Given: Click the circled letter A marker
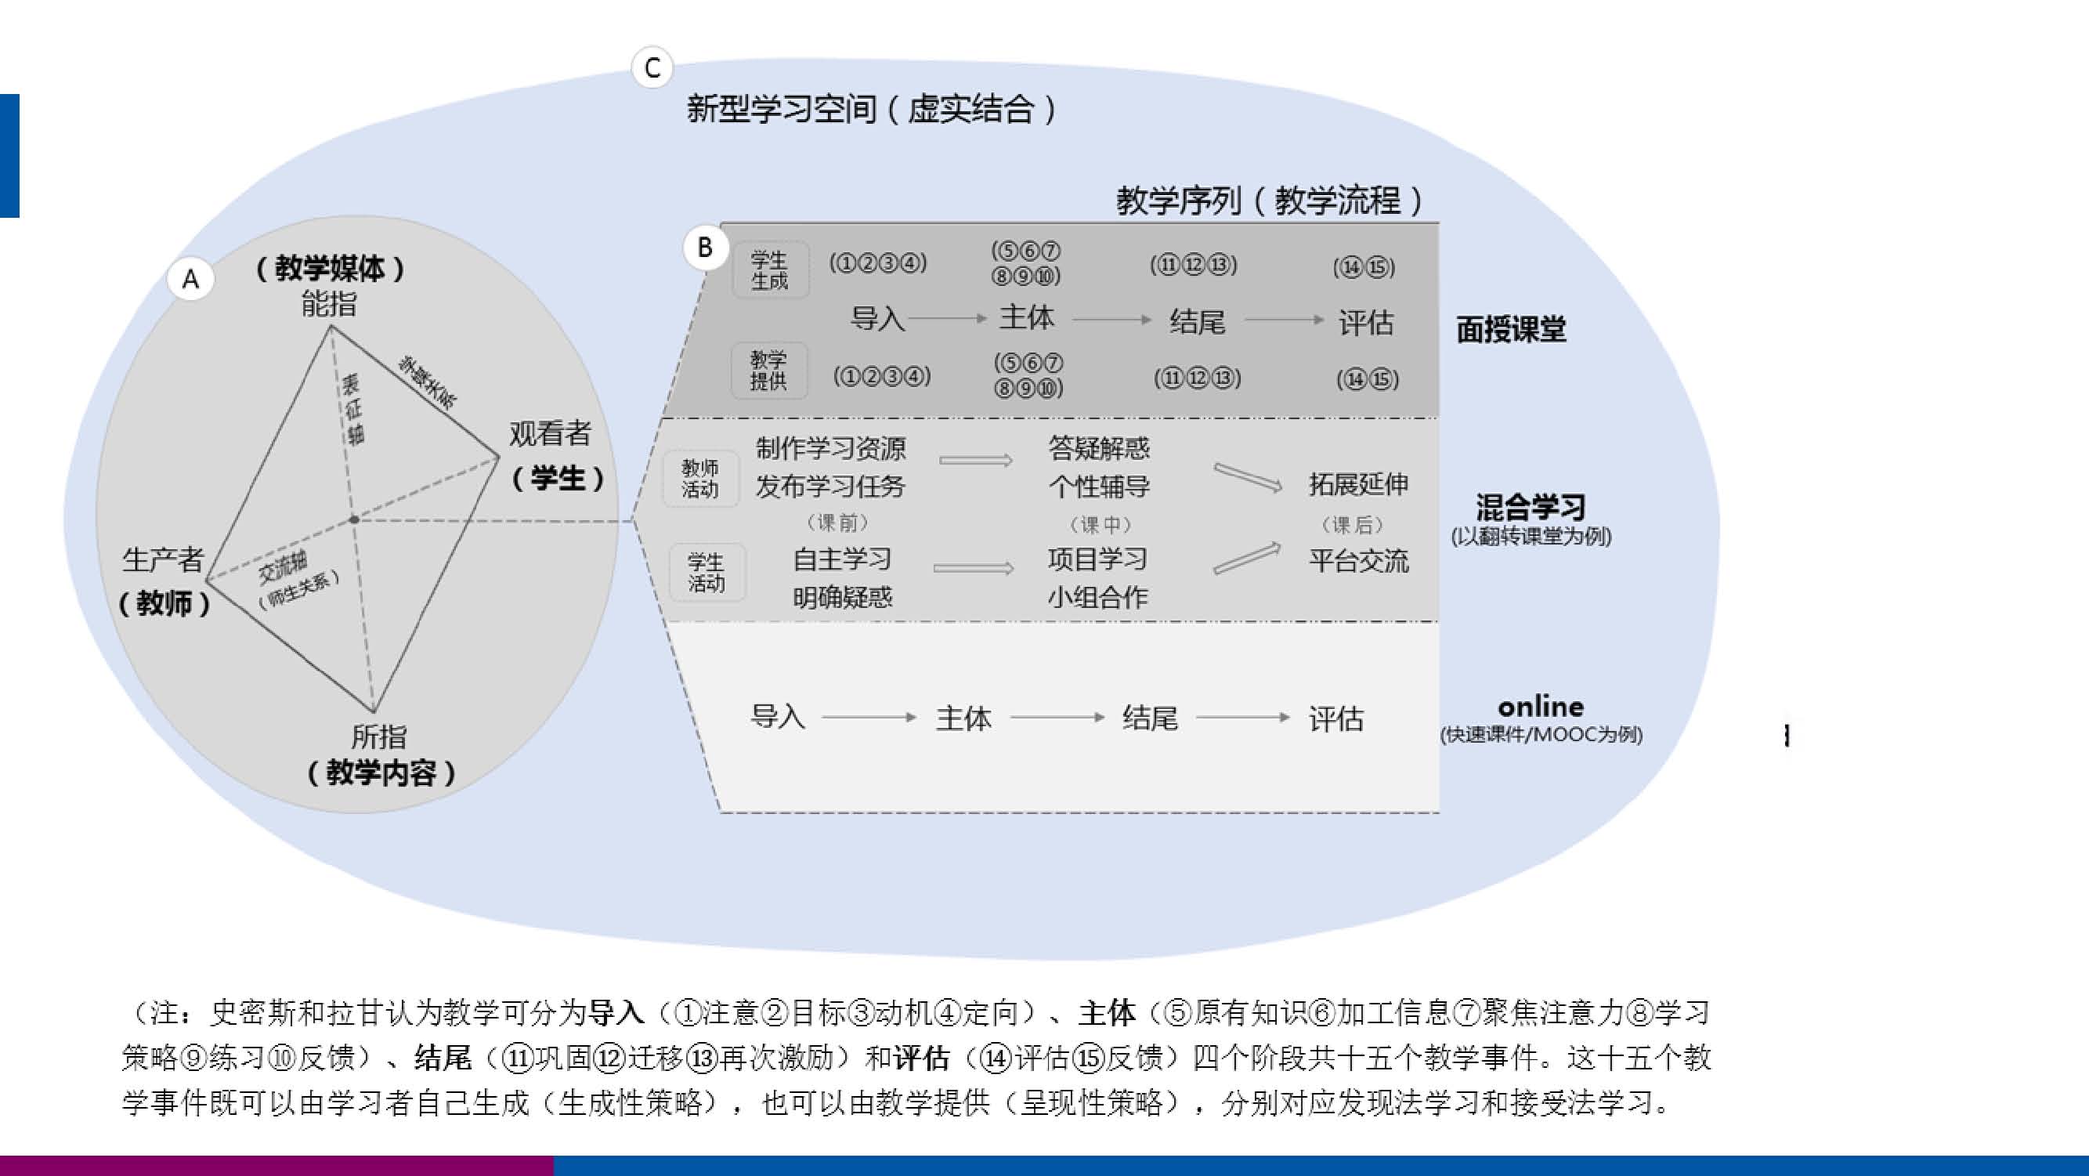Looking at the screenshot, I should click(x=190, y=280).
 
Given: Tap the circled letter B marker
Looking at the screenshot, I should click(x=704, y=247).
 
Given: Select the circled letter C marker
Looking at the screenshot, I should click(x=652, y=67).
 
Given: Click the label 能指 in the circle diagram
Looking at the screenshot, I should click(x=328, y=304).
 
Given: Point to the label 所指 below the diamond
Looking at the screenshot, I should click(x=378, y=736).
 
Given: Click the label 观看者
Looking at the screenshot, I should click(x=550, y=434).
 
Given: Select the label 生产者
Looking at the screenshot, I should click(x=162, y=559).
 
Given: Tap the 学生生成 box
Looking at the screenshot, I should click(x=770, y=270).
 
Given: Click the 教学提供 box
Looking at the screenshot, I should click(x=768, y=371).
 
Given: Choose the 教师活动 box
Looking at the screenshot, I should click(x=699, y=479).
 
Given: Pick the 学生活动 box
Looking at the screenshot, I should click(x=706, y=572).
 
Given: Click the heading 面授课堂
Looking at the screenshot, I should click(x=1511, y=329).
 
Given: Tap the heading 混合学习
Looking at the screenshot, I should click(x=1531, y=508).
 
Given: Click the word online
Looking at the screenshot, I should click(x=1540, y=707).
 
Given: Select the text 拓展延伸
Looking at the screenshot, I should click(x=1358, y=484).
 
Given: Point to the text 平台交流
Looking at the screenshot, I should click(x=1358, y=560).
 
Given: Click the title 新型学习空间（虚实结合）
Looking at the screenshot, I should click(x=872, y=109).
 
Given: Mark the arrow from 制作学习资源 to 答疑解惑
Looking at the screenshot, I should click(x=975, y=461).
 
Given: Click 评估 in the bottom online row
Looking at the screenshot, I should click(x=1335, y=718).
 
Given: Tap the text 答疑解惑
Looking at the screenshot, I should click(x=1099, y=447).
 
